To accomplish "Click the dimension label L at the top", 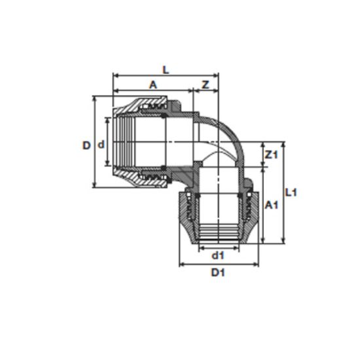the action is (166, 70).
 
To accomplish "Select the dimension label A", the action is (153, 85).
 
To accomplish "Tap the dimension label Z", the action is (206, 85).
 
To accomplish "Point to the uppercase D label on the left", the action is (86, 145).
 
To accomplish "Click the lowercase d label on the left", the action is (101, 145).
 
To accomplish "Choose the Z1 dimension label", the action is (272, 155).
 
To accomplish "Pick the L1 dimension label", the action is (291, 192).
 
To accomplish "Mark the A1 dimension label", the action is (272, 205).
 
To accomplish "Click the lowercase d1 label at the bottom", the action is (217, 255).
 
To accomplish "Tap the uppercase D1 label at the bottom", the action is (218, 272).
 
